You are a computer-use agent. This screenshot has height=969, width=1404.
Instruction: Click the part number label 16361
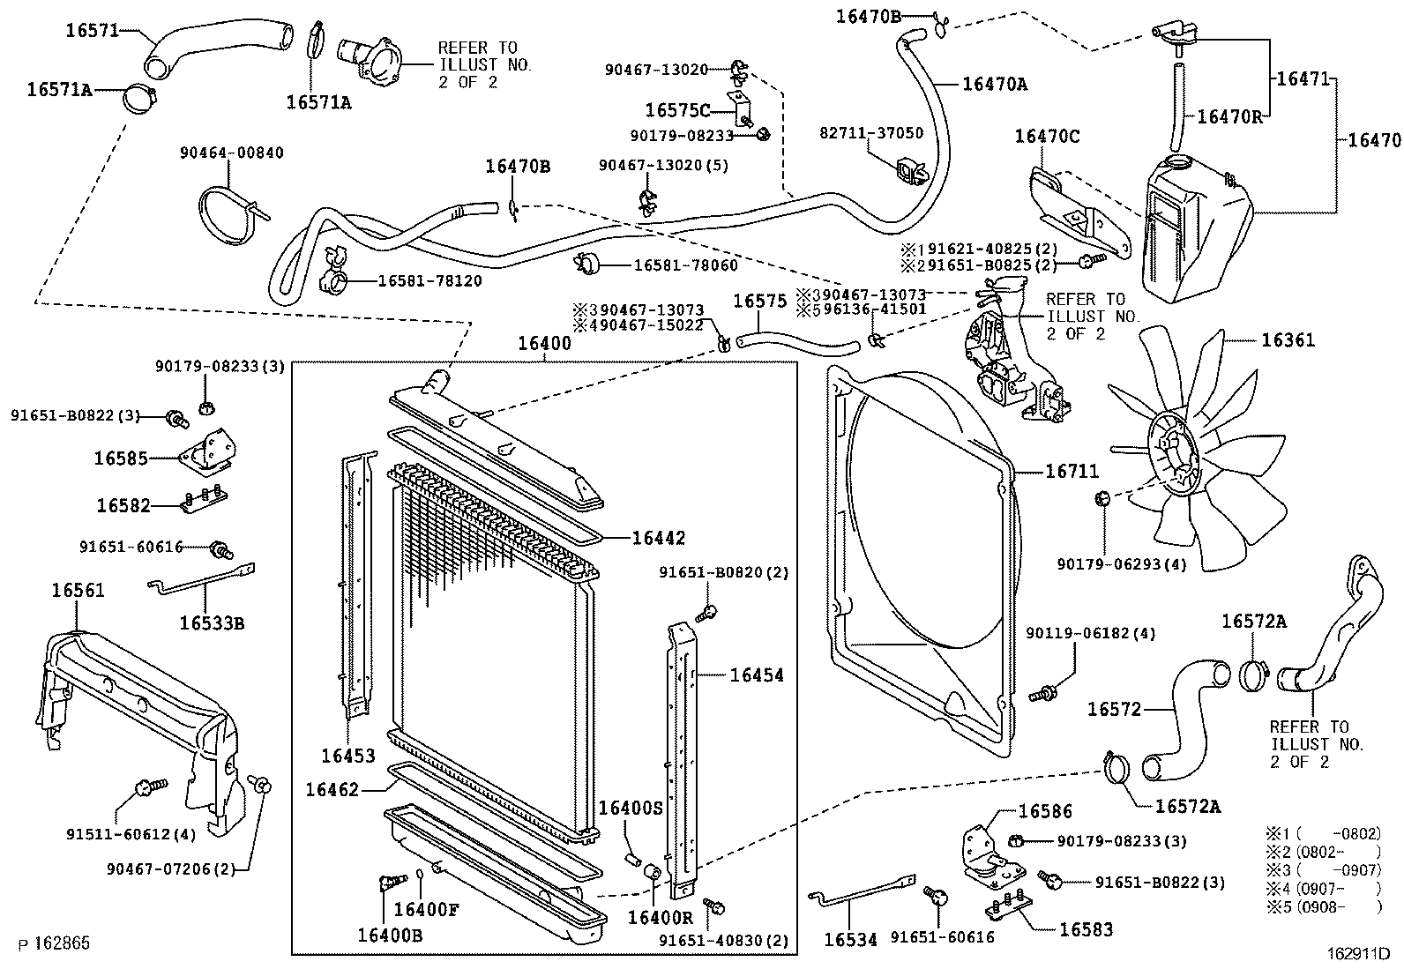click(1288, 340)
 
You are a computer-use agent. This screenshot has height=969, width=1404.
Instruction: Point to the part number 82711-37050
click(871, 133)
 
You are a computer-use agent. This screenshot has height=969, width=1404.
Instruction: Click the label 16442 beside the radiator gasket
click(658, 538)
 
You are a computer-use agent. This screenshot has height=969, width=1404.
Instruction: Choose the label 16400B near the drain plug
click(389, 935)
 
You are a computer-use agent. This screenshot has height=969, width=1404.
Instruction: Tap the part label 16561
click(78, 590)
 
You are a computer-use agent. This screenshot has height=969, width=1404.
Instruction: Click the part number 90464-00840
click(232, 153)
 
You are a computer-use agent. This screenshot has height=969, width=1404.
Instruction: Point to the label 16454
click(756, 675)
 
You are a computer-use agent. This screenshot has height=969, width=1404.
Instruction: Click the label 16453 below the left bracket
click(347, 756)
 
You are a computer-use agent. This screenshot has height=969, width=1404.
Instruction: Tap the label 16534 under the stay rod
click(850, 940)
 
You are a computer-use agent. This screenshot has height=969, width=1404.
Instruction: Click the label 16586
click(1045, 811)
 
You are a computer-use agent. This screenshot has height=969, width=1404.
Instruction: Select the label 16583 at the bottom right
click(1086, 928)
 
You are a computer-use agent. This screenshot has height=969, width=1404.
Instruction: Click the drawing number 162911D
click(1359, 953)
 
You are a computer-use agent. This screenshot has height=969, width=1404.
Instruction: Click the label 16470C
click(1047, 136)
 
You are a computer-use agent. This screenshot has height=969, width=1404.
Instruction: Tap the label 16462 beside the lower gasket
click(332, 790)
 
